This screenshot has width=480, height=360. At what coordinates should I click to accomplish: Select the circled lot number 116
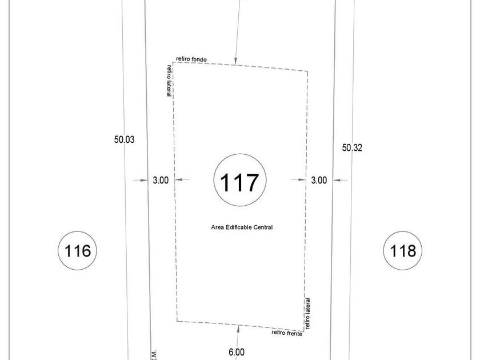pyautogui.click(x=78, y=250)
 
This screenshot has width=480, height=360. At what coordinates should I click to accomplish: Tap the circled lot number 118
pyautogui.click(x=403, y=250)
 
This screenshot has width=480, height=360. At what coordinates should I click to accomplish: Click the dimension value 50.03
pyautogui.click(x=125, y=139)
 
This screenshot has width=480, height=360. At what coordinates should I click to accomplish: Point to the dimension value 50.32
pyautogui.click(x=352, y=148)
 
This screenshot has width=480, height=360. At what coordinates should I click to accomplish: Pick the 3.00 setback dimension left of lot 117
pyautogui.click(x=161, y=181)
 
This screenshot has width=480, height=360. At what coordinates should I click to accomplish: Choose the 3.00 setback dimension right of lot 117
pyautogui.click(x=319, y=181)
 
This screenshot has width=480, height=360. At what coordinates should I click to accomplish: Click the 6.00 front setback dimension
pyautogui.click(x=237, y=353)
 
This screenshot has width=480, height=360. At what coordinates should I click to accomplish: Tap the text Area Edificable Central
pyautogui.click(x=242, y=227)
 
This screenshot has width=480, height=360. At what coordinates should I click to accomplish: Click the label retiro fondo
pyautogui.click(x=191, y=59)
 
